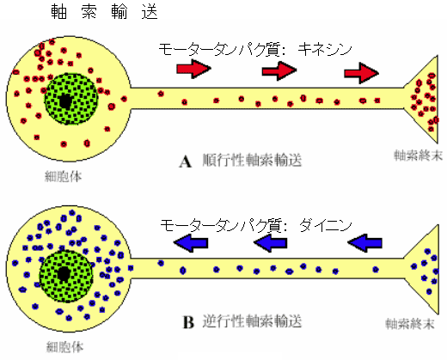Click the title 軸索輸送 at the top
(104, 12)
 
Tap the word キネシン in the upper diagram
(325, 49)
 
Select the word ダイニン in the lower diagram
(326, 225)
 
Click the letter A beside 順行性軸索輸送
(186, 162)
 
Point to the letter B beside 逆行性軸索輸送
(188, 322)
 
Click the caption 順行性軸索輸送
(252, 160)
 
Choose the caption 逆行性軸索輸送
(252, 321)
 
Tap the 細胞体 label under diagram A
(64, 176)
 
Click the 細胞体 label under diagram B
(64, 347)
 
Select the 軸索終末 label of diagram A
(418, 156)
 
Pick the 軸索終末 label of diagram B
(410, 324)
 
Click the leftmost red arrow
(193, 69)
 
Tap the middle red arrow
(279, 70)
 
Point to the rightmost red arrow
(361, 73)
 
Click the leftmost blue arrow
(191, 243)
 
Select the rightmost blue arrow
(364, 243)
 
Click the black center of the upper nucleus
(65, 101)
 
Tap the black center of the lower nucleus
(64, 274)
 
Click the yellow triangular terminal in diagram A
(424, 99)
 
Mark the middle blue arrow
(271, 243)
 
